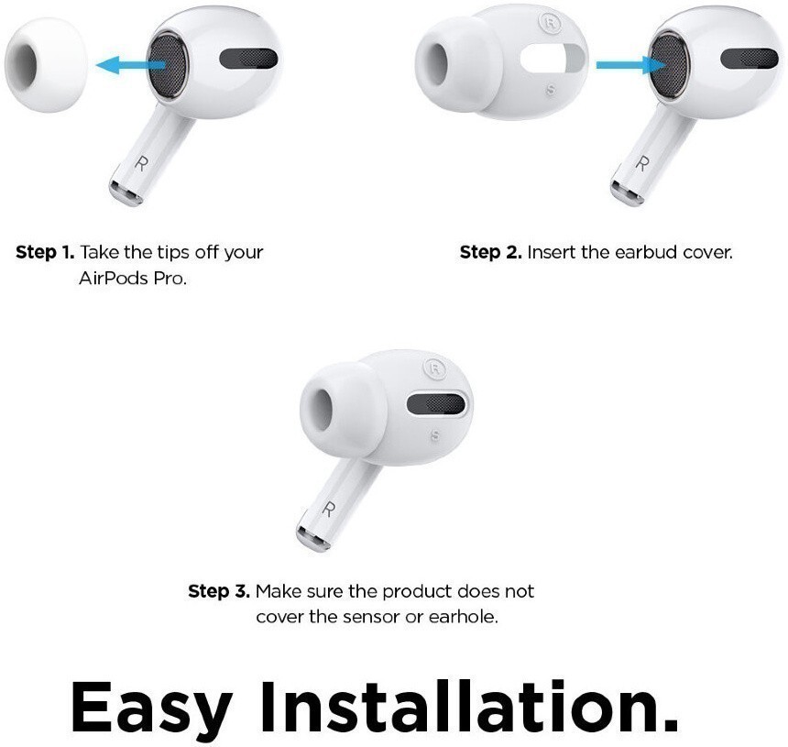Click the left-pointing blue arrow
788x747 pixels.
tap(130, 65)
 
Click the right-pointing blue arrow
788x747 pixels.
tap(630, 65)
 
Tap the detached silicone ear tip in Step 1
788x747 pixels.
tap(45, 65)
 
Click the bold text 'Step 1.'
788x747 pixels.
tap(45, 252)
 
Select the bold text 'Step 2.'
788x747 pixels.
tap(490, 252)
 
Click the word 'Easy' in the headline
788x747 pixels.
tap(151, 707)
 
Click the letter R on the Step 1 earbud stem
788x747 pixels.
tap(142, 163)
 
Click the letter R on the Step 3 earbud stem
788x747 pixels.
tap(328, 510)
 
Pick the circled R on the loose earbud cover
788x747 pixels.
tap(550, 23)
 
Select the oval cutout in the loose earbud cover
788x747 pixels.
tap(553, 58)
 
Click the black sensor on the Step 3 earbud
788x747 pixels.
tap(436, 403)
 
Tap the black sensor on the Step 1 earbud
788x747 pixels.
tap(248, 59)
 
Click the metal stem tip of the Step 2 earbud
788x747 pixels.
tap(627, 192)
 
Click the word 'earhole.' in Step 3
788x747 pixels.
tap(463, 616)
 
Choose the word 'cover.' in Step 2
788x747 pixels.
tap(707, 252)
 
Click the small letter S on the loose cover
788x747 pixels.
tap(551, 90)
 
